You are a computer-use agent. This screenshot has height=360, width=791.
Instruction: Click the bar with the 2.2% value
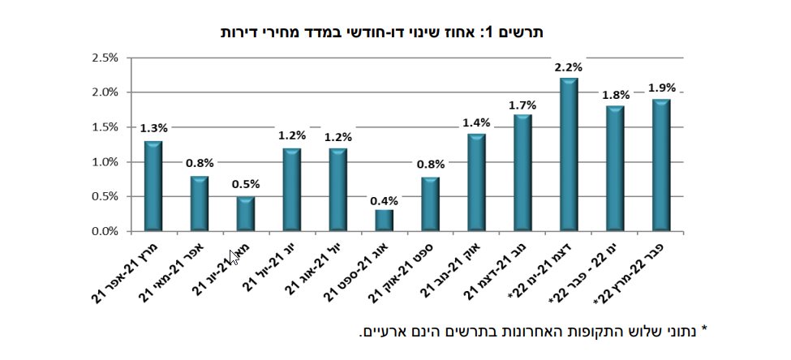pyautogui.click(x=569, y=155)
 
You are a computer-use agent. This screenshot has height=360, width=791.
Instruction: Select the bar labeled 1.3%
pyautogui.click(x=153, y=186)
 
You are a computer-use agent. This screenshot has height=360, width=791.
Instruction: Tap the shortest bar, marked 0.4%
pyautogui.click(x=384, y=221)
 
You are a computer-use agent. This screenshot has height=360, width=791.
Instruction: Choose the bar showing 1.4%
pyautogui.click(x=476, y=183)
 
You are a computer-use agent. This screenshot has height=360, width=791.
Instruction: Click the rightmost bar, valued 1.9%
pyautogui.click(x=660, y=165)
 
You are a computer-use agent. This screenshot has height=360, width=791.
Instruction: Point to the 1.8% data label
pyautogui.click(x=614, y=96)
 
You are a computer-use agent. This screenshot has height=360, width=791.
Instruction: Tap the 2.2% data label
pyautogui.click(x=568, y=67)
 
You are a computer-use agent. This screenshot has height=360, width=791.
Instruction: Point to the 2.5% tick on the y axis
pyautogui.click(x=105, y=58)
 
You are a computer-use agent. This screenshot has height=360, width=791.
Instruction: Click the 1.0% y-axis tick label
pyautogui.click(x=105, y=162)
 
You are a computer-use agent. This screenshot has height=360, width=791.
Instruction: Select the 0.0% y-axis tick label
pyautogui.click(x=105, y=232)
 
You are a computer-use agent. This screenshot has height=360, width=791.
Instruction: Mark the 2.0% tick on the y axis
pyautogui.click(x=105, y=92)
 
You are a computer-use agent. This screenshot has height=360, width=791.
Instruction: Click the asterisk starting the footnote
pyautogui.click(x=704, y=330)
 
